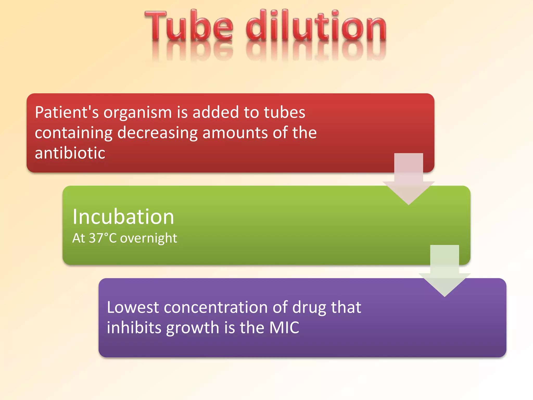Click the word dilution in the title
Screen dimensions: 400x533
click(x=316, y=26)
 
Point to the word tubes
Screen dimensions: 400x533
click(x=284, y=113)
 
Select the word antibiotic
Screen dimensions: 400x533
click(x=70, y=153)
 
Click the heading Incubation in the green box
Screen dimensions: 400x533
click(x=123, y=217)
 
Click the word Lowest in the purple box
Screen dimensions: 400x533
click(x=133, y=307)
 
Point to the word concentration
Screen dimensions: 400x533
click(x=216, y=307)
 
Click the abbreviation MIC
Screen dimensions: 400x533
click(x=284, y=328)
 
